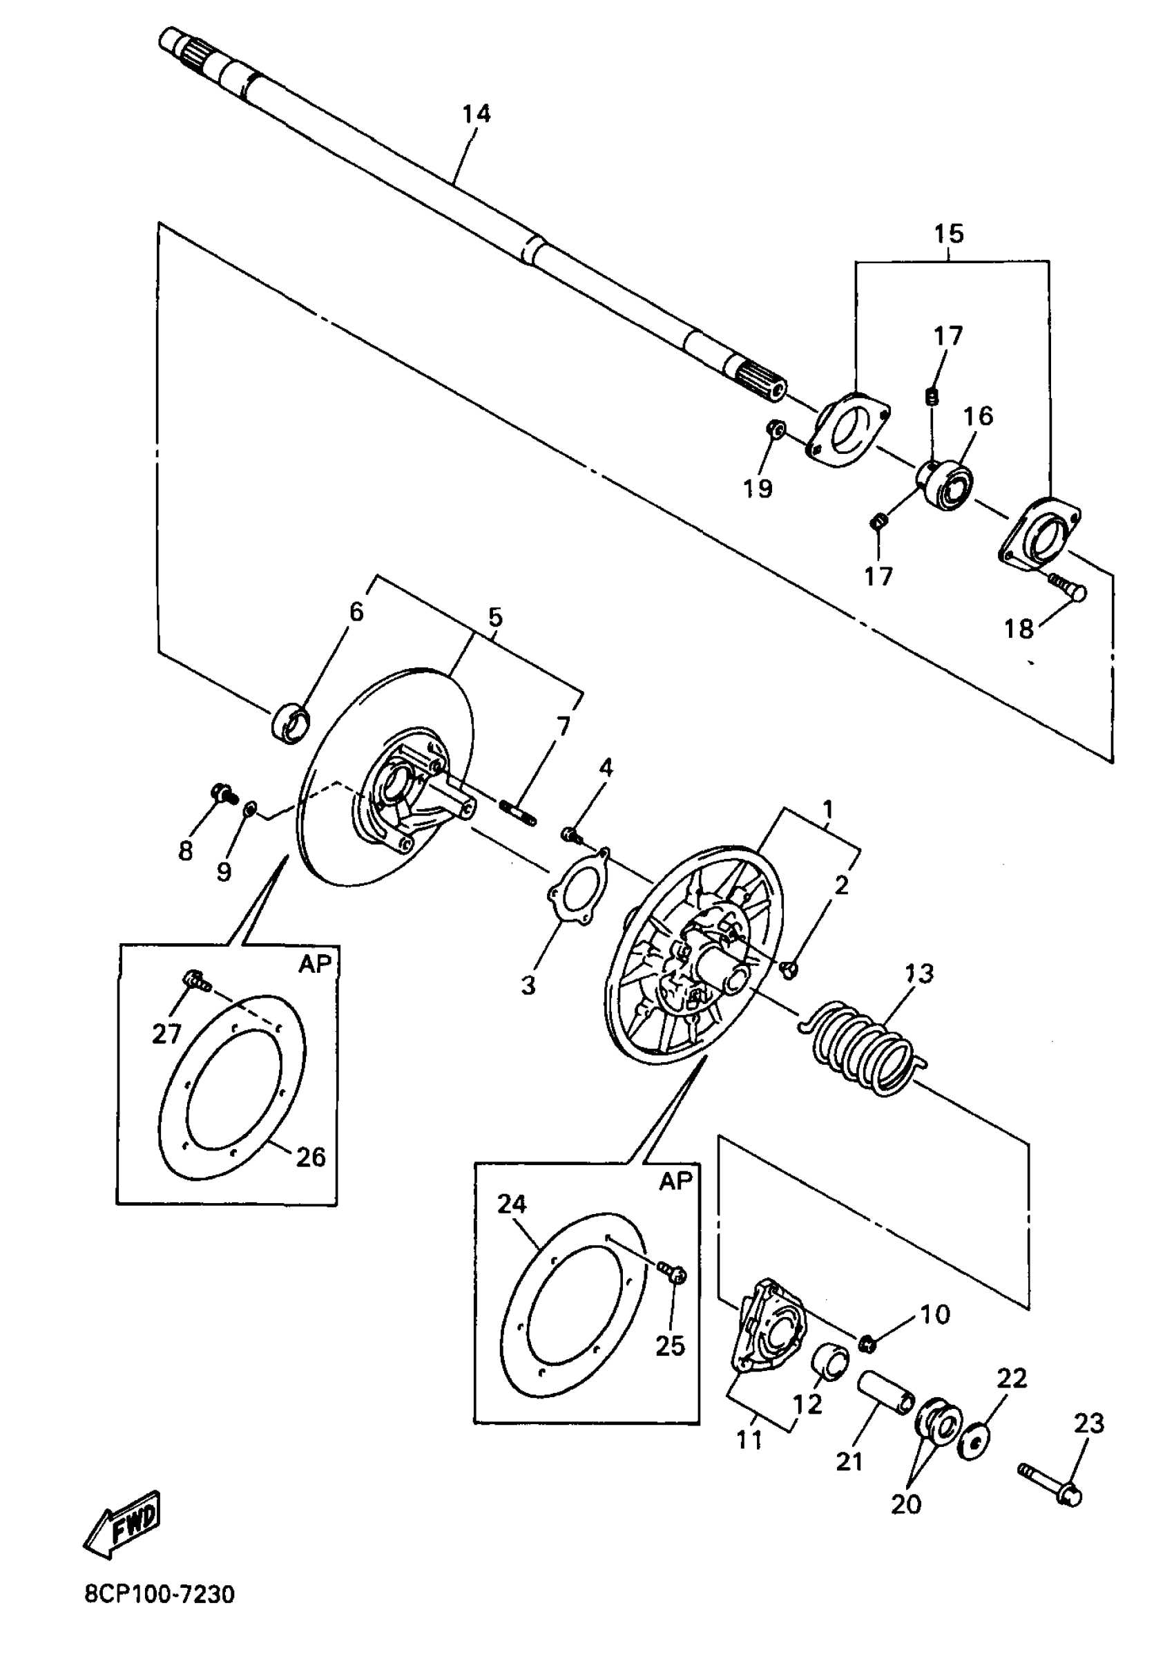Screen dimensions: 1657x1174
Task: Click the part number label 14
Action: coord(477,114)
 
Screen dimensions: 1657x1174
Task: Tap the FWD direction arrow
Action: coord(122,1524)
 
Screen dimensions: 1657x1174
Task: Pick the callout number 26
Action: coord(311,1157)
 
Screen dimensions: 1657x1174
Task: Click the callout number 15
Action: coord(948,234)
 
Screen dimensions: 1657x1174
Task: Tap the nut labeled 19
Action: coord(776,429)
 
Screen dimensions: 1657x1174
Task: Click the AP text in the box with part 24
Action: coord(676,1181)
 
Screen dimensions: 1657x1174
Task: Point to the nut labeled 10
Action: coord(868,1344)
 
